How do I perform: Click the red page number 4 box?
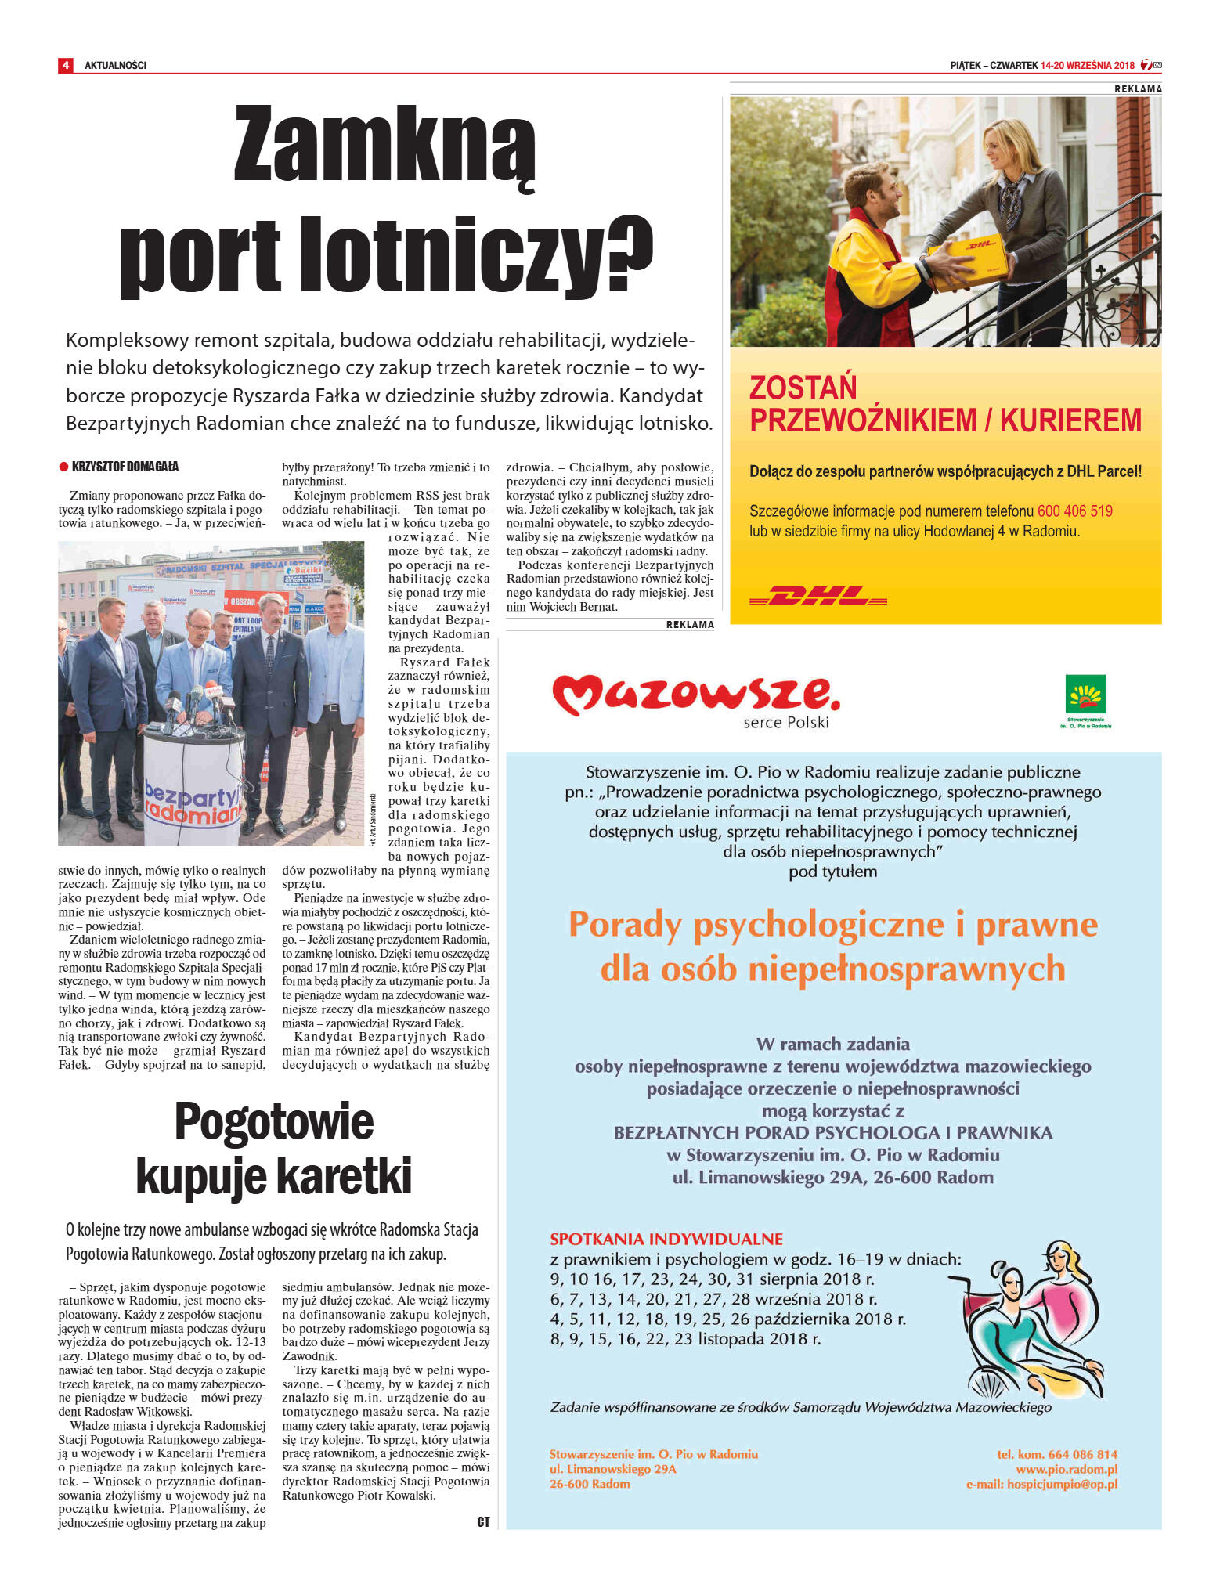click(65, 65)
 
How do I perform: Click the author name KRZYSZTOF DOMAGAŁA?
click(125, 467)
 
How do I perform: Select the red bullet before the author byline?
click(63, 467)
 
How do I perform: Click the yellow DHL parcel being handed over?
click(969, 260)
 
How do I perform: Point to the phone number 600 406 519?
click(1074, 511)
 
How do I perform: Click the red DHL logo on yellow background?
click(818, 596)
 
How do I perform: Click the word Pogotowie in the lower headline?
click(274, 1121)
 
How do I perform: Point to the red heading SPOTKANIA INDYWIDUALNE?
click(666, 1239)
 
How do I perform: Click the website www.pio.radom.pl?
click(1067, 1469)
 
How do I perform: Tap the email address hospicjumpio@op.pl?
click(1062, 1484)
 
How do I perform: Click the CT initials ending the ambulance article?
click(483, 1521)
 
